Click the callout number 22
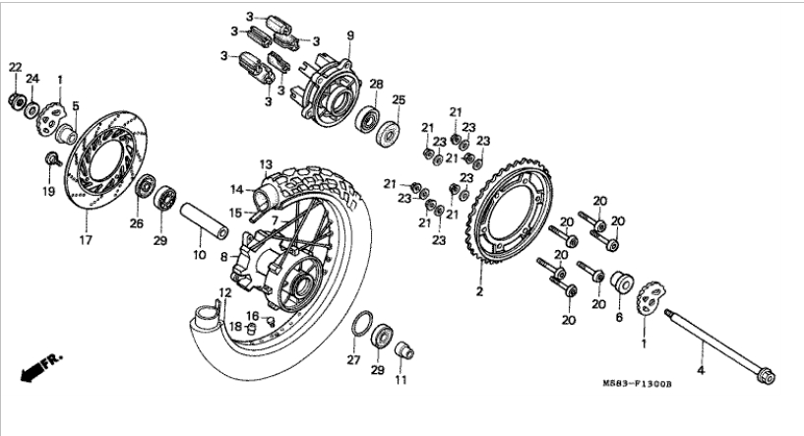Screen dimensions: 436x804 click(x=15, y=67)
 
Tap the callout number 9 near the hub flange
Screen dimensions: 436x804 click(x=348, y=37)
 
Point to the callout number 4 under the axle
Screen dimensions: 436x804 click(x=701, y=371)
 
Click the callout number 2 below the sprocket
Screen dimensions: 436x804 click(x=480, y=292)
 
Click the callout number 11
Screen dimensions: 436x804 click(x=401, y=379)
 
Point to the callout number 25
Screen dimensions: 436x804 click(x=399, y=100)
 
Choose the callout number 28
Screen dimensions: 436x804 click(x=376, y=84)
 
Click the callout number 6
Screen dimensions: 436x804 click(x=619, y=318)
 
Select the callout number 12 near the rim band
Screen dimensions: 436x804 click(x=224, y=292)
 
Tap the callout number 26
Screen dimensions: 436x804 click(x=137, y=223)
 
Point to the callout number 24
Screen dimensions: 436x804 click(x=32, y=79)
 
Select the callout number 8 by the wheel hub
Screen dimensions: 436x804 click(x=223, y=256)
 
